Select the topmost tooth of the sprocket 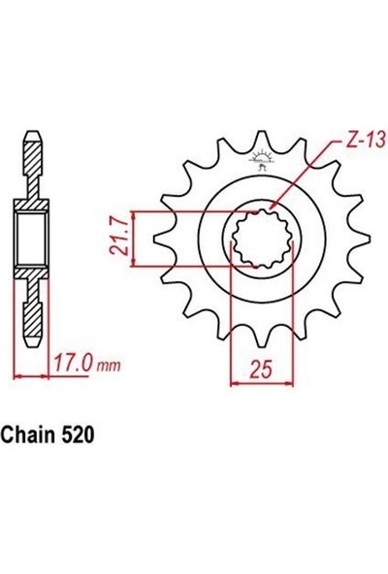point(261,139)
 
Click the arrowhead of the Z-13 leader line point(275,207)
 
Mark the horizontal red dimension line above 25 point(261,382)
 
